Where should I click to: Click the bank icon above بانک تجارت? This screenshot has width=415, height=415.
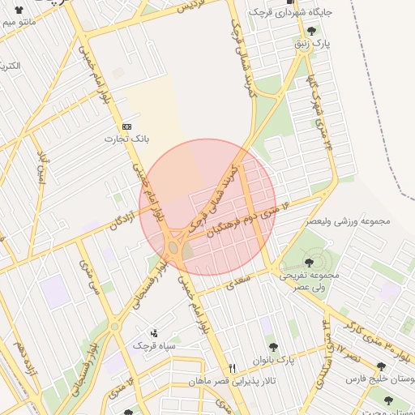point(126,126)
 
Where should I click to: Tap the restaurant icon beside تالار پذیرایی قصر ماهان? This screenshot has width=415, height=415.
point(233,368)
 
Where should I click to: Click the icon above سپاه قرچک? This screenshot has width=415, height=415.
point(155,333)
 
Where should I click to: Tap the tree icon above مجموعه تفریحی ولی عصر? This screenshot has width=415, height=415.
point(310,262)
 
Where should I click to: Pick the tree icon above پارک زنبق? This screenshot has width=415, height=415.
point(311,30)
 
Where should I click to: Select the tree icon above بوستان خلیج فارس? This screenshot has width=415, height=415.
point(381,366)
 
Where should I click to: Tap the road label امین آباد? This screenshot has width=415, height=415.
point(41,163)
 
